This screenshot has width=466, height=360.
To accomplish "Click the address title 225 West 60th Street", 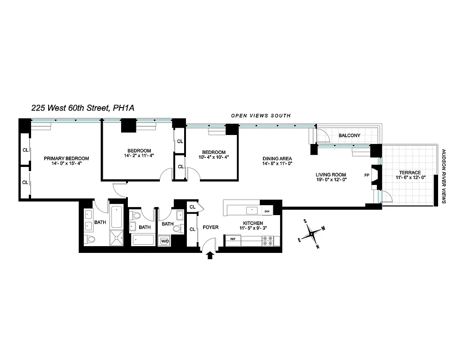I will (x=83, y=108).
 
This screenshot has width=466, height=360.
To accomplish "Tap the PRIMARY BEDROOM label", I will (x=66, y=158).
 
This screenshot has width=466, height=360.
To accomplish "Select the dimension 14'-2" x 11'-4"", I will (x=139, y=157).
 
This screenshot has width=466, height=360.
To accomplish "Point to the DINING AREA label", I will (x=277, y=158).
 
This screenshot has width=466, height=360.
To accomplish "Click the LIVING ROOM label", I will (x=330, y=175).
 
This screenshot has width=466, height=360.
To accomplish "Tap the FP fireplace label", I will (x=366, y=175).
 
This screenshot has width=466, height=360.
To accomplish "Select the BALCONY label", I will (x=349, y=135).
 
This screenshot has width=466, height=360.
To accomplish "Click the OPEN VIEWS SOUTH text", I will (x=261, y=116).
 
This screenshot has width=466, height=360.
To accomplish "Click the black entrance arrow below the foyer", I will (x=209, y=256).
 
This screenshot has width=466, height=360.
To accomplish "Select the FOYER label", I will (x=211, y=227).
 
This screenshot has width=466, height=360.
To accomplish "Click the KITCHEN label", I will (x=253, y=223).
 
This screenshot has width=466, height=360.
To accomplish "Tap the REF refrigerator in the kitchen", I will (x=233, y=239).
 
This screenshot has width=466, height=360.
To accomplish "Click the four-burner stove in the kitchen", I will (x=269, y=241).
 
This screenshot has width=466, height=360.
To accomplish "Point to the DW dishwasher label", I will (x=267, y=211).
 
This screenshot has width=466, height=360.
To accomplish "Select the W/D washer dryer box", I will (x=165, y=241).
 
